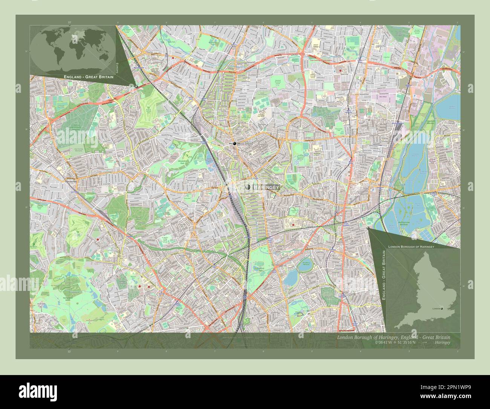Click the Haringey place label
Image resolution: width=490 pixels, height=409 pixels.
[x=266, y=188]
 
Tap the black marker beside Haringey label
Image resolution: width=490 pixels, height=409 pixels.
[x=248, y=187]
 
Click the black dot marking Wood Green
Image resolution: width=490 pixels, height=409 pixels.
[x=234, y=144]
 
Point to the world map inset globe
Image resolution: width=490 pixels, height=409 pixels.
[x=73, y=49]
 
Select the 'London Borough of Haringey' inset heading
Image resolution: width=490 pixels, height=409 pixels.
[x=411, y=246]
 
